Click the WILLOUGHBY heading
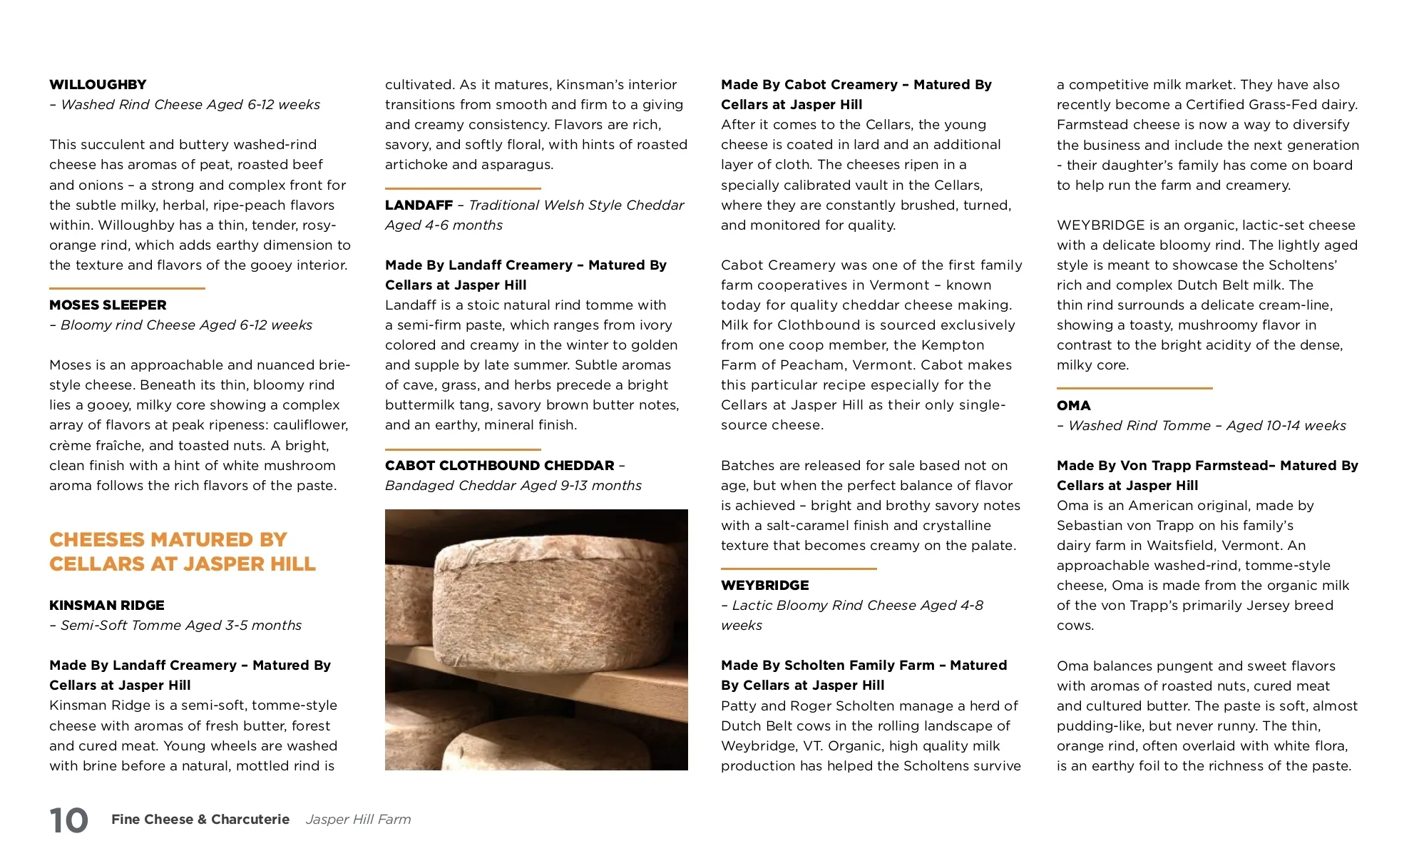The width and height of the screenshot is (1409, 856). coord(98,85)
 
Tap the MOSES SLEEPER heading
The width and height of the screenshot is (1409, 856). coord(108,305)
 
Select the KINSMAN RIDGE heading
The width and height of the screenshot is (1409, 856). coord(107,606)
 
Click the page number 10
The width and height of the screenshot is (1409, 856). coord(68,820)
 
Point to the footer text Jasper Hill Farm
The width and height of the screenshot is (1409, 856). coord(358,820)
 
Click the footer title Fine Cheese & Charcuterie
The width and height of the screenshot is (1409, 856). coord(200,820)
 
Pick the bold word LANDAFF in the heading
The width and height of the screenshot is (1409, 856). coord(419,205)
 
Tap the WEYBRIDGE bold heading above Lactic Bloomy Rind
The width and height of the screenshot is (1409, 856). coord(764,586)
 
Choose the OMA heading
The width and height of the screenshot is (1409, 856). coord(1073,406)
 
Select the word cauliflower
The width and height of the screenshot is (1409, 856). coord(312,425)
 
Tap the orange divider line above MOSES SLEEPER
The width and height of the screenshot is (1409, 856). coord(127,288)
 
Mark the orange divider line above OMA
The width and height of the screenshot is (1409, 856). coord(1134,388)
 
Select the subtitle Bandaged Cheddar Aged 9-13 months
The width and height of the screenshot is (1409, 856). coord(513,486)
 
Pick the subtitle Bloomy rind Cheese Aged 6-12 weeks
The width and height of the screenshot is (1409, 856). coord(186,325)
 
